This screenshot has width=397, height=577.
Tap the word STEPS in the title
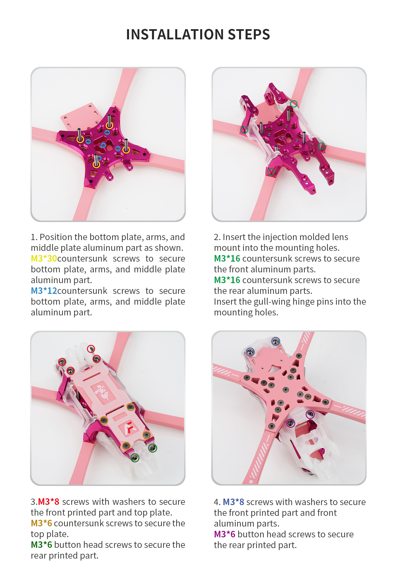(249, 35)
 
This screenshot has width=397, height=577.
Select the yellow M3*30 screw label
(44, 258)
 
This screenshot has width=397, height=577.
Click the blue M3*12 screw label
(44, 291)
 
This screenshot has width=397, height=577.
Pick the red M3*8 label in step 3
(48, 502)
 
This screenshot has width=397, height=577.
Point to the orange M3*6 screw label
(41, 523)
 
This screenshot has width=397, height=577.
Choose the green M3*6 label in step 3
(41, 545)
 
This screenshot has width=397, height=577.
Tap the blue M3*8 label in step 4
(233, 502)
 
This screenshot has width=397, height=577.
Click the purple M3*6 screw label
(225, 534)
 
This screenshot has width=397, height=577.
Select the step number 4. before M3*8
(217, 502)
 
